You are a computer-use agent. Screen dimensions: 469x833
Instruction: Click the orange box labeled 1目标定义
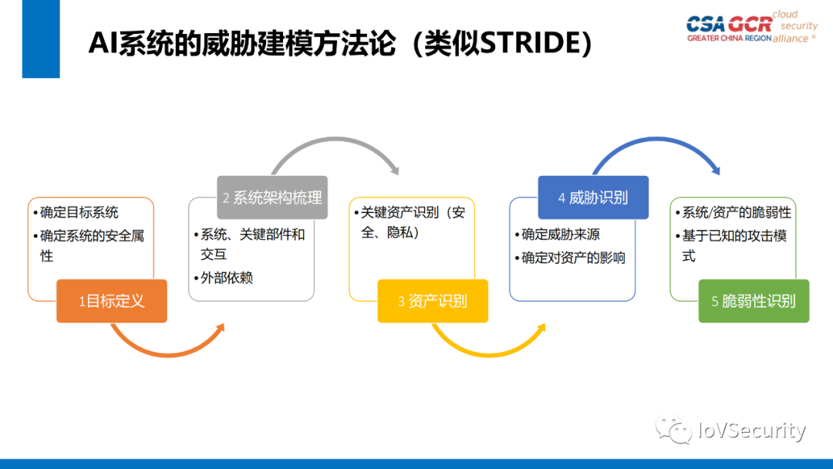click(111, 301)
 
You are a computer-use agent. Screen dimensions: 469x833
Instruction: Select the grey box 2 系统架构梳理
click(272, 197)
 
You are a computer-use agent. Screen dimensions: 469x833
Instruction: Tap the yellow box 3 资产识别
click(432, 301)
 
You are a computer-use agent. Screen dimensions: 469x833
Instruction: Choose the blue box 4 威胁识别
click(592, 197)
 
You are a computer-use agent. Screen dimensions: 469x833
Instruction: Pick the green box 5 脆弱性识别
click(753, 301)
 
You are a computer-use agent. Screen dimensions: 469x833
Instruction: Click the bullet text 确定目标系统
click(79, 212)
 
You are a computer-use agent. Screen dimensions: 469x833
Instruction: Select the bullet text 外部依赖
click(226, 278)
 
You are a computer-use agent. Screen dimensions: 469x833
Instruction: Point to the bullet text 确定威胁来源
click(560, 235)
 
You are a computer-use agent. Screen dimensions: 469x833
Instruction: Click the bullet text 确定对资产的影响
click(572, 258)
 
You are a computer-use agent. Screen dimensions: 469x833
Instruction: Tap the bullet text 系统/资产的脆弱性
click(736, 212)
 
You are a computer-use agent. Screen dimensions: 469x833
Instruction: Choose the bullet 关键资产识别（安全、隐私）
click(412, 222)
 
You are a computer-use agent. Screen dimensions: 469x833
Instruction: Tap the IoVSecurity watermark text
click(751, 430)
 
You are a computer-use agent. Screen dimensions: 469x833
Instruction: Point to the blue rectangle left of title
click(41, 39)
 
